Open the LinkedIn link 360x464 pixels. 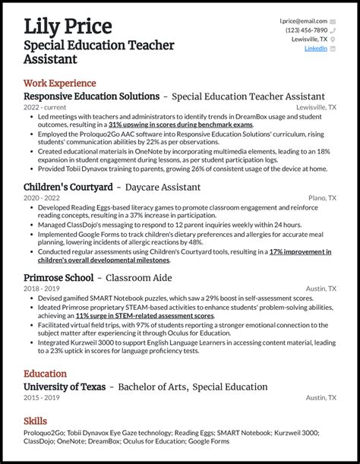pos(315,48)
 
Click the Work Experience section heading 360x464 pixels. pos(60,83)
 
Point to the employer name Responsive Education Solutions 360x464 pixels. pos(91,97)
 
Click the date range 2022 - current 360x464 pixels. pos(46,108)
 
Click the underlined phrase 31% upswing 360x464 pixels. pos(129,124)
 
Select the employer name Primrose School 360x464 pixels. pos(58,278)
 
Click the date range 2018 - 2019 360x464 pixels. pos(41,289)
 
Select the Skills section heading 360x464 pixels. pos(35,421)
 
